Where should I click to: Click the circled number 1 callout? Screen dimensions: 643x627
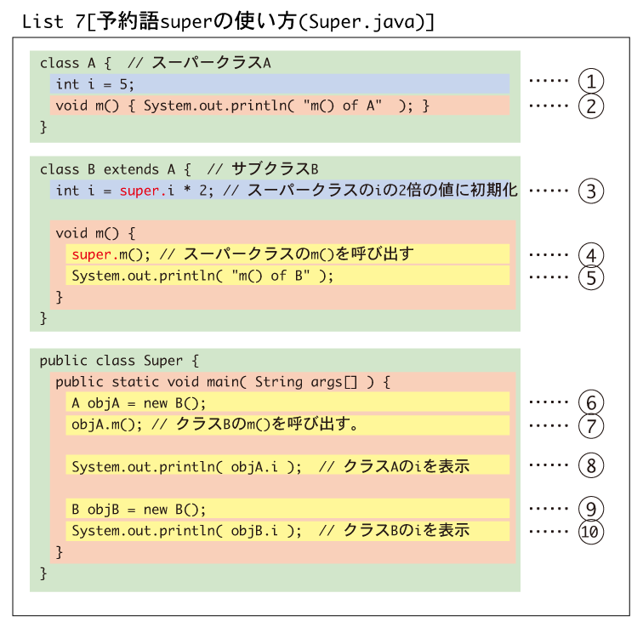pyautogui.click(x=591, y=81)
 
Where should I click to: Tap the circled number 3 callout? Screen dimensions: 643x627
pyautogui.click(x=591, y=191)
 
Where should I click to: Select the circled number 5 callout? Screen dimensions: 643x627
pyautogui.click(x=591, y=277)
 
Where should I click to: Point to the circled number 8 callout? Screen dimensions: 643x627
pyautogui.click(x=591, y=465)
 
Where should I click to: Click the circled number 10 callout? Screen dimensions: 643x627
pyautogui.click(x=591, y=532)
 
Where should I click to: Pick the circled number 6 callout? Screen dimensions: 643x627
pyautogui.click(x=591, y=402)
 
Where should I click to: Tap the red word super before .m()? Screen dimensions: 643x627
pyautogui.click(x=92, y=255)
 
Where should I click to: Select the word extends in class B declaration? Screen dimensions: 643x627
pyautogui.click(x=131, y=169)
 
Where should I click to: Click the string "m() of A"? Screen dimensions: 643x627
pyautogui.click(x=343, y=105)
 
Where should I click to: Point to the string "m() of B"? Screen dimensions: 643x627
pyautogui.click(x=270, y=276)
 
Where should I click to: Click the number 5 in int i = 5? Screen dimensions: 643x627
pyautogui.click(x=124, y=84)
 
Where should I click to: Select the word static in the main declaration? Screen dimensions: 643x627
pyautogui.click(x=135, y=382)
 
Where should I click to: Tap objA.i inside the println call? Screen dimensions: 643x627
pyautogui.click(x=254, y=467)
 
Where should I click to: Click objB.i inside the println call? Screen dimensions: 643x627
pyautogui.click(x=254, y=531)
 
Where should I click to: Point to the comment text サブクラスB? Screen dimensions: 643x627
pyautogui.click(x=275, y=169)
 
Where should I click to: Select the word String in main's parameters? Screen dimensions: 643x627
pyautogui.click(x=278, y=382)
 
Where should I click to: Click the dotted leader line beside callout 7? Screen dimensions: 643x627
pyautogui.click(x=549, y=425)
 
